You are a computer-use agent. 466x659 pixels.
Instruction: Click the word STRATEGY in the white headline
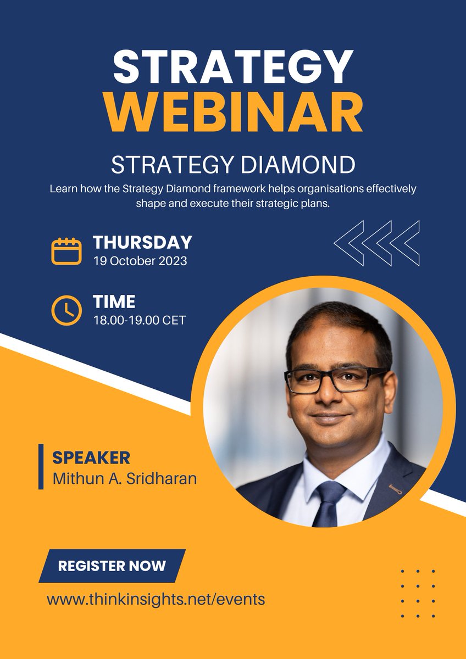233,67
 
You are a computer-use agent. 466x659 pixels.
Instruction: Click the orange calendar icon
66,251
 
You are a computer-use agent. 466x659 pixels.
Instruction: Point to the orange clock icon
66,310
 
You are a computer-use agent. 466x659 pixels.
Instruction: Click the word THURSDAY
142,242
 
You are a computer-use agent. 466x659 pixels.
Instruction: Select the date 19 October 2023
140,261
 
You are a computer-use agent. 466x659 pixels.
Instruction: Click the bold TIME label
114,301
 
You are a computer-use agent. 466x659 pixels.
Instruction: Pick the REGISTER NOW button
112,566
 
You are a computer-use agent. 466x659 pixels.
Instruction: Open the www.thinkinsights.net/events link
156,599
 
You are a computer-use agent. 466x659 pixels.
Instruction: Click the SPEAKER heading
91,457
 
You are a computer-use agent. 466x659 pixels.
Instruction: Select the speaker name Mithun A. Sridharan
124,478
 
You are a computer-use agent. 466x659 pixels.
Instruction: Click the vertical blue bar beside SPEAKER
41,467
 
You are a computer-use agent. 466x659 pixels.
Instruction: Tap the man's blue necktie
329,500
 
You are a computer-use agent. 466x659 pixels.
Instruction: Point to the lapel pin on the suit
395,488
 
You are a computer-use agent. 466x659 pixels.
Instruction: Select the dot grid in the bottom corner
418,594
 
